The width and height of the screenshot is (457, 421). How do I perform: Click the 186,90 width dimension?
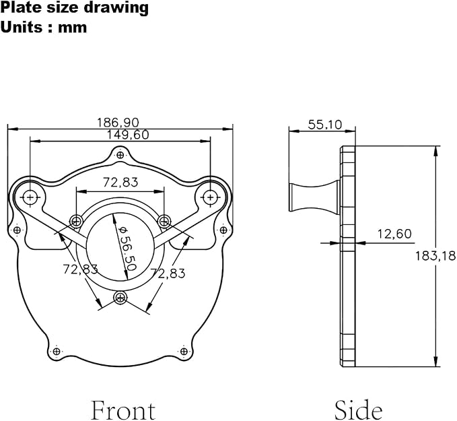coord(118,123)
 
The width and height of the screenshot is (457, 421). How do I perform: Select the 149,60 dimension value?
coord(128,135)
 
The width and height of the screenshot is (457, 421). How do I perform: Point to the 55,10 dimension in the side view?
coord(324,125)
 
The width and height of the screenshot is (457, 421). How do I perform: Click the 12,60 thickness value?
coord(394,234)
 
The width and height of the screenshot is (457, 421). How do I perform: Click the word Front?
coord(123,410)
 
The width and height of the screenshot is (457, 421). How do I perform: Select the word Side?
coord(358,410)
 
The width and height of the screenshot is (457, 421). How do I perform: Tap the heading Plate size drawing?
coord(75,8)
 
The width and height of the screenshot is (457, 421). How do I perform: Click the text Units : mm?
coord(44,28)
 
